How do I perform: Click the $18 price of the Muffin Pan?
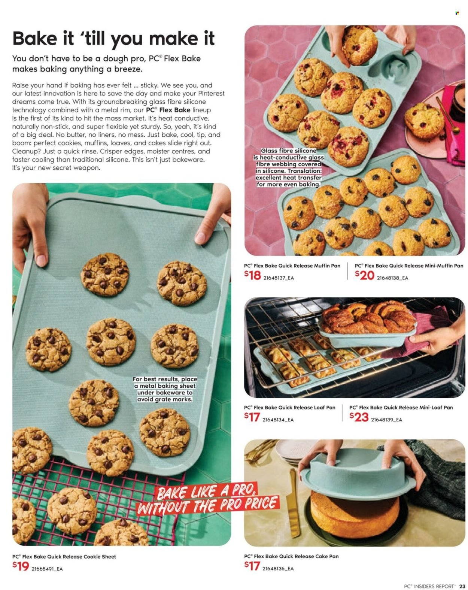pos(253,276)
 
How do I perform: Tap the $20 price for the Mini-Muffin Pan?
pos(365,276)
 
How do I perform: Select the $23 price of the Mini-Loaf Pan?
pos(359,417)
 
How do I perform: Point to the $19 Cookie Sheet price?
pos(21,566)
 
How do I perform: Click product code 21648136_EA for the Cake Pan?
pos(278,569)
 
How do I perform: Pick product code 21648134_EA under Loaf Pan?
pos(278,420)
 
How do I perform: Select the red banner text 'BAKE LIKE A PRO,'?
pos(207,491)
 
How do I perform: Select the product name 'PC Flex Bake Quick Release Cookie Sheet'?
pos(64,557)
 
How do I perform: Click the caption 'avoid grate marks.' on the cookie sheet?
pos(165,399)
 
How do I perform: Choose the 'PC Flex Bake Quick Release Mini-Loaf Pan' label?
pos(401,407)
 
